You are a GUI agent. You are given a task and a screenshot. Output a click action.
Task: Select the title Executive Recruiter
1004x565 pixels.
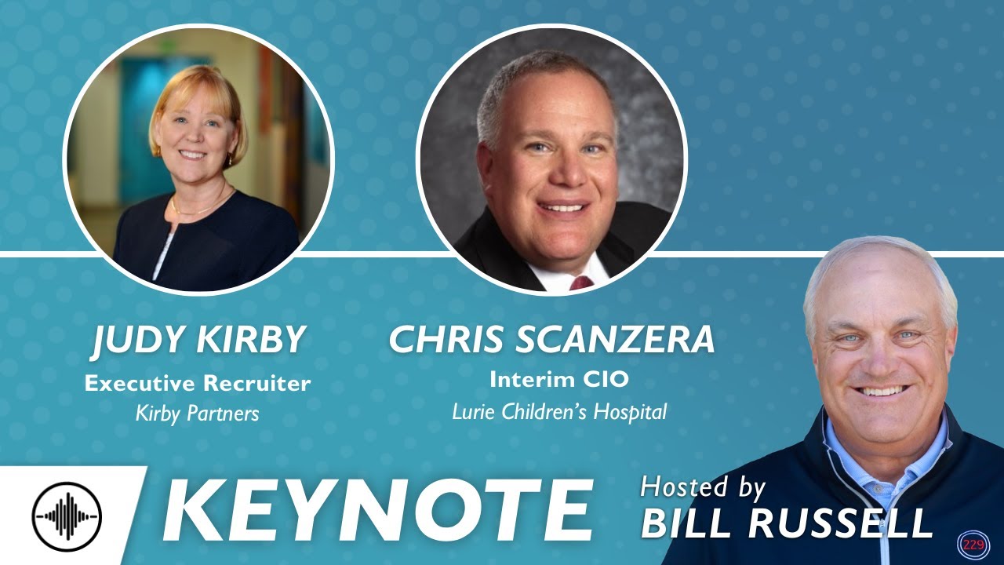tap(198, 384)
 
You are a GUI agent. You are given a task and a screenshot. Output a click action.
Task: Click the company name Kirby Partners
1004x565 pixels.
tap(197, 413)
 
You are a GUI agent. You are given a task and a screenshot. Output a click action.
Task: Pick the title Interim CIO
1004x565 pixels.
tap(559, 379)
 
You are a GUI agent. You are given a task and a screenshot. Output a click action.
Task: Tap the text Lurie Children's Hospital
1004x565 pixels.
tap(559, 410)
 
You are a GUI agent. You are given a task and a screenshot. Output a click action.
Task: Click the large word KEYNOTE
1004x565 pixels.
tap(376, 510)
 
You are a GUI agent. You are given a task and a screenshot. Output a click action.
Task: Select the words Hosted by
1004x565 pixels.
tap(703, 487)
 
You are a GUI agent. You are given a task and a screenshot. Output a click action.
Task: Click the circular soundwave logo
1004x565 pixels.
tap(67, 516)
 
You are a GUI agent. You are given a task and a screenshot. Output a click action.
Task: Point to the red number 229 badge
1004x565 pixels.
tap(973, 545)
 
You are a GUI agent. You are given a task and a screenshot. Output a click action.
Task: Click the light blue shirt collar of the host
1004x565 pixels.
tap(843, 439)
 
